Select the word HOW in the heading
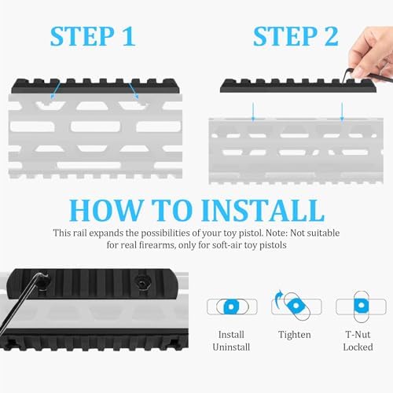click(105, 210)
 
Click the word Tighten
click(294, 336)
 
